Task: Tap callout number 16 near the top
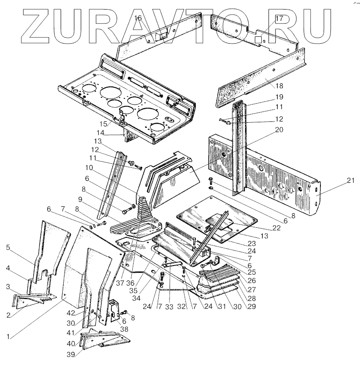click(138, 18)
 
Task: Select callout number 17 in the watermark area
click(279, 19)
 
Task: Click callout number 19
click(278, 97)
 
